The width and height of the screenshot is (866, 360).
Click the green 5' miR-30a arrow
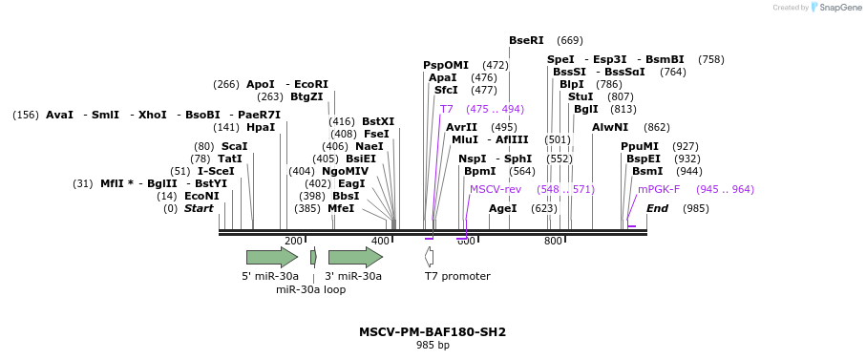tap(271, 257)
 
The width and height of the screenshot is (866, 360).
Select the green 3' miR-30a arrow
tap(354, 257)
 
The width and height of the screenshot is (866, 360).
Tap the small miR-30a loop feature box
tap(313, 257)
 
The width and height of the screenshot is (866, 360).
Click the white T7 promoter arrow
tap(430, 257)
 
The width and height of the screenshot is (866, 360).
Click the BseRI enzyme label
tap(526, 40)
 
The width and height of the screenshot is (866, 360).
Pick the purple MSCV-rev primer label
tap(495, 189)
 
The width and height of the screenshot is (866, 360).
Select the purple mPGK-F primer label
tap(659, 189)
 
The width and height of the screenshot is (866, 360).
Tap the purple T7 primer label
tap(446, 109)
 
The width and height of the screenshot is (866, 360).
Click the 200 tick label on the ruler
tap(293, 242)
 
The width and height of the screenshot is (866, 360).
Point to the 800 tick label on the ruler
tap(553, 242)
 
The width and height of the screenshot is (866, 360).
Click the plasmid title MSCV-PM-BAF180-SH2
tap(433, 332)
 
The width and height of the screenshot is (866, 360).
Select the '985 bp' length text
tap(433, 346)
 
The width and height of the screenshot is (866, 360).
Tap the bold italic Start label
tap(199, 208)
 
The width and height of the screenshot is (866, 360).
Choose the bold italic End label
tap(657, 208)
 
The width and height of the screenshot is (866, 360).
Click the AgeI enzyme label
tap(502, 208)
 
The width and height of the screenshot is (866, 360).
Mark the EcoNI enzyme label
tap(201, 196)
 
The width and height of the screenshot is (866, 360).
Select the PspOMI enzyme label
tap(446, 65)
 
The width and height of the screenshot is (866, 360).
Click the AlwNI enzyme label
tap(610, 127)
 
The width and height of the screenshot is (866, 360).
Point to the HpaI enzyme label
tap(260, 127)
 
